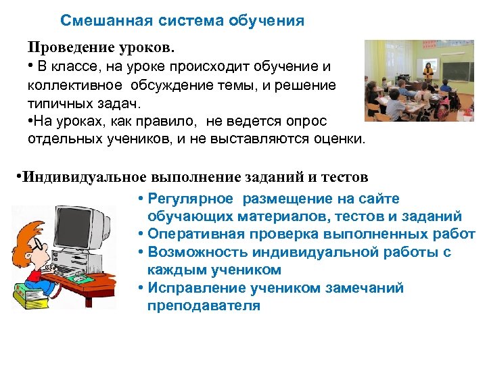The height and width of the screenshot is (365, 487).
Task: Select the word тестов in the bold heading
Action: tap(342, 177)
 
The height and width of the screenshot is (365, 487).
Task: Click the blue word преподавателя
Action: tap(203, 306)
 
